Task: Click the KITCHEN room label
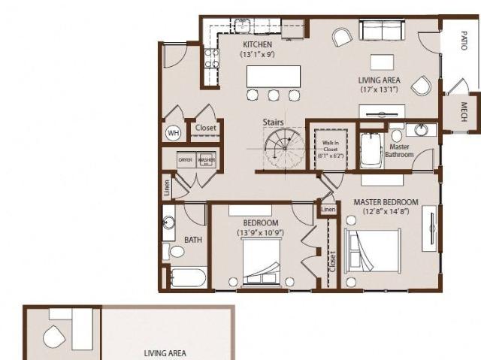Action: coord(256,44)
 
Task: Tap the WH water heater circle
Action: coord(174,133)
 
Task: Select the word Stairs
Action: coord(273,122)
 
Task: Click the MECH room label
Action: coord(464,111)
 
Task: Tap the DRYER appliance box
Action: coord(186,160)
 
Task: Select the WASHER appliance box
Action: coord(206,160)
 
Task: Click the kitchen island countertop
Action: coord(274,77)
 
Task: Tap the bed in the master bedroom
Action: coord(374,253)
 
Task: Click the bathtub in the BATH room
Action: coord(186,279)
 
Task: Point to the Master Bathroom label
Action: coord(399,150)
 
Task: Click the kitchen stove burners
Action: coord(212,59)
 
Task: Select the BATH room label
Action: coord(193,240)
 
